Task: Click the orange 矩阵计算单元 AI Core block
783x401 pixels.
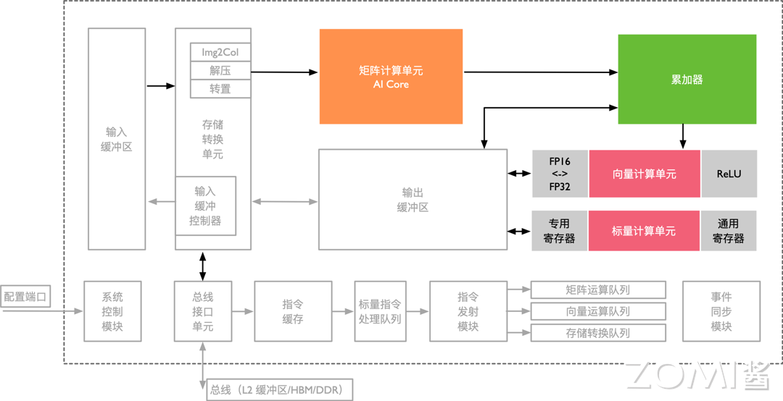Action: [391, 77]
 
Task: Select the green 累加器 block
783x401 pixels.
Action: [687, 80]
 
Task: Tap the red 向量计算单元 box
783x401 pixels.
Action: [645, 174]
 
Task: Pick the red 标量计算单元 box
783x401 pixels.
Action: [644, 231]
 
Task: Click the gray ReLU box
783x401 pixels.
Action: [729, 174]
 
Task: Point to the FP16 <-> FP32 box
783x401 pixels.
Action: [560, 174]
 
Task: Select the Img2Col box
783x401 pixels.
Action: [220, 53]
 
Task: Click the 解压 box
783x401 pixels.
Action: [220, 71]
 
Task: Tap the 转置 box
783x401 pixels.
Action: [220, 89]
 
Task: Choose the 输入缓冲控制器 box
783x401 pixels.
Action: [205, 206]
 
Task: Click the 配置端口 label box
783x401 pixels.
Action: [25, 297]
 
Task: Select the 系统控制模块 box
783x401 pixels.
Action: [112, 311]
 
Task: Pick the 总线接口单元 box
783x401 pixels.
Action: [203, 311]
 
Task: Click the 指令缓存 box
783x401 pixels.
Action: [293, 311]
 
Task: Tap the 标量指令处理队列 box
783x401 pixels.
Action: [380, 311]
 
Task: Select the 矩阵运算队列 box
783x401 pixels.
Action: [598, 290]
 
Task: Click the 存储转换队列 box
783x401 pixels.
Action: [598, 333]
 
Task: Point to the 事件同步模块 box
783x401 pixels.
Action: [721, 311]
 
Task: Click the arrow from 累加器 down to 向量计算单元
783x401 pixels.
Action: [682, 137]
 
